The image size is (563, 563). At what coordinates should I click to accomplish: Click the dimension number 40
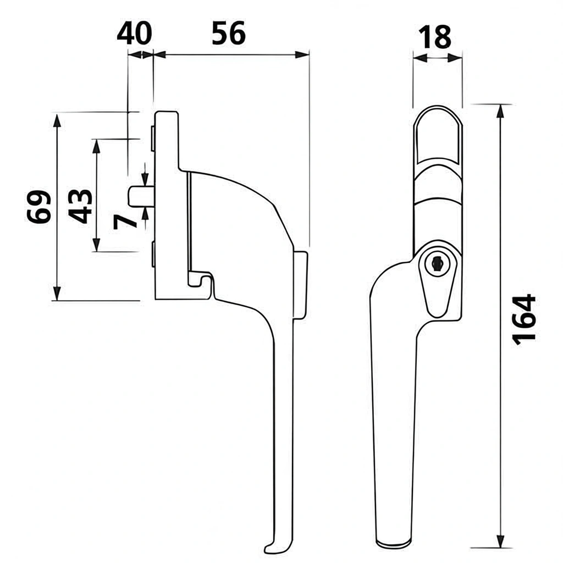[x=134, y=34]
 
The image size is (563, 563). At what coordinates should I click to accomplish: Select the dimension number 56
[x=229, y=34]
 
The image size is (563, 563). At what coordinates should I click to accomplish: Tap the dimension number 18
[x=435, y=37]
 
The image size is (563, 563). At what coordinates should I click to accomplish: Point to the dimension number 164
[x=524, y=319]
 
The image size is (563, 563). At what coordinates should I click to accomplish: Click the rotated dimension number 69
[x=39, y=207]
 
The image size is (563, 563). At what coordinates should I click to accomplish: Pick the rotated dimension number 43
[x=80, y=206]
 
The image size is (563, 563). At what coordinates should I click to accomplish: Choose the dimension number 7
[x=125, y=222]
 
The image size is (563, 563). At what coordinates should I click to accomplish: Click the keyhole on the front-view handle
[x=436, y=264]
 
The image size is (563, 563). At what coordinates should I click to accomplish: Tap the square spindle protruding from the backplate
[x=141, y=197]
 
